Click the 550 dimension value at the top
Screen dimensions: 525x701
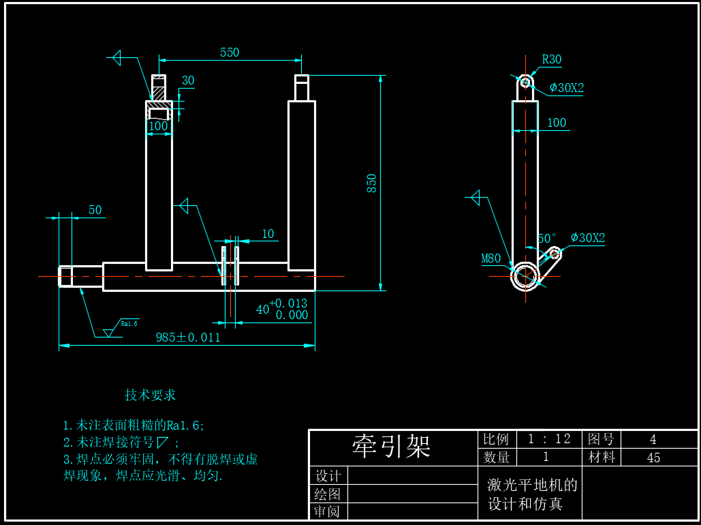tap(230, 52)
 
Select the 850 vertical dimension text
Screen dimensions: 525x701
tap(372, 183)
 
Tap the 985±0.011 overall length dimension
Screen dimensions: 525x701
tap(188, 337)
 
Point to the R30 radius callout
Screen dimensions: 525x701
tap(552, 60)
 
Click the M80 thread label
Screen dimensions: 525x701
tap(491, 258)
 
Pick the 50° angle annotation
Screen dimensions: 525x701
tap(547, 239)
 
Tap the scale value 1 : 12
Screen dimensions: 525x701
tap(549, 439)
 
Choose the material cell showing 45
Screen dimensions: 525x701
tap(653, 457)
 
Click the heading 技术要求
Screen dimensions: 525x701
tap(151, 395)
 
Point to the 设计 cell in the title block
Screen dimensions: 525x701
tap(328, 475)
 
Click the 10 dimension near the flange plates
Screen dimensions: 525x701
tap(268, 234)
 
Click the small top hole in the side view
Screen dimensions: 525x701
tap(525, 82)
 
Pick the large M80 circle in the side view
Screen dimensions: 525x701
tap(525, 276)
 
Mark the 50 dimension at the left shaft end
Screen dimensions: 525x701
tap(95, 210)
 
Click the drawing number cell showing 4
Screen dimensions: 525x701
tap(653, 439)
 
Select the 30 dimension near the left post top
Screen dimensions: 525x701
tap(187, 80)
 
